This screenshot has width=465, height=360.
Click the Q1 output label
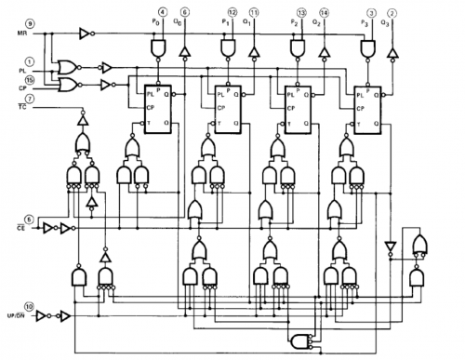254,20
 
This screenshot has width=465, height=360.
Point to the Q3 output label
392,20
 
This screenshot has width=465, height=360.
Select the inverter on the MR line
86,34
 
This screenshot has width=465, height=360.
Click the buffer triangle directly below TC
83,121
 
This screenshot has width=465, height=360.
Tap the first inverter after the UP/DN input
44,315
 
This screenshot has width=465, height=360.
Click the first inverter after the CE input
48,225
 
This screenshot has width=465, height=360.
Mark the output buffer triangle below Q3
392,49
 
